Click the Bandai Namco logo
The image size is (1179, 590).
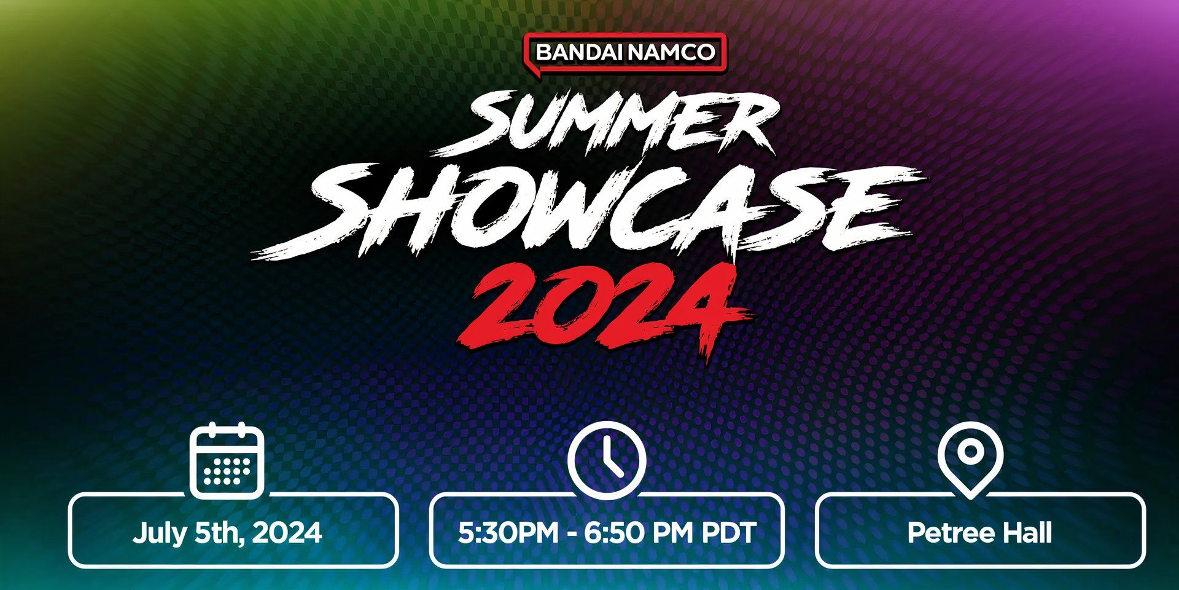pyautogui.click(x=625, y=53)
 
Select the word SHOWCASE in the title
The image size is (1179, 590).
pyautogui.click(x=589, y=211)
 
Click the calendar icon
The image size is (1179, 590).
pyautogui.click(x=227, y=460)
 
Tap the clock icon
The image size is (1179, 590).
pyautogui.click(x=607, y=460)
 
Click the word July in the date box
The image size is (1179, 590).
pyautogui.click(x=158, y=533)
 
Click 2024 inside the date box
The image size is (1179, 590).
pyautogui.click(x=287, y=532)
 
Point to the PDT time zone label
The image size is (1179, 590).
pyautogui.click(x=729, y=532)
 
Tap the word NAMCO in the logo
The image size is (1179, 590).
pyautogui.click(x=671, y=52)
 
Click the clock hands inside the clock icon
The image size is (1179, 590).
pyautogui.click(x=611, y=457)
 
